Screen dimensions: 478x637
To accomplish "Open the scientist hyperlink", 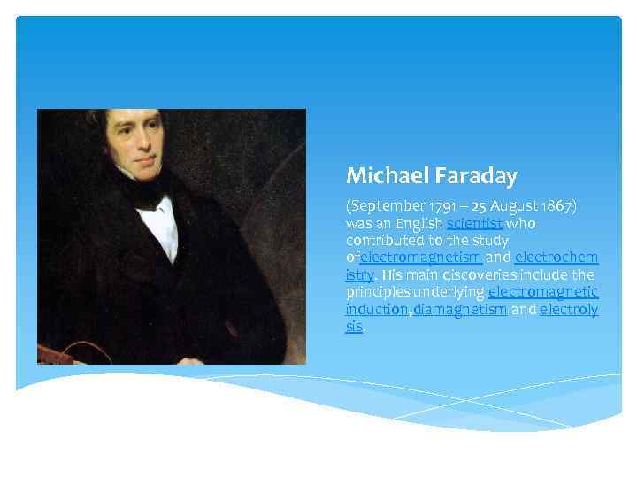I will [476, 223].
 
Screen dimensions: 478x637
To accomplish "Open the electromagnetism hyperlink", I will [421, 258].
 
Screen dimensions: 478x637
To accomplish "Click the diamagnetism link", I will [459, 310].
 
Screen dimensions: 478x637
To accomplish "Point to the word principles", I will [378, 292].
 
